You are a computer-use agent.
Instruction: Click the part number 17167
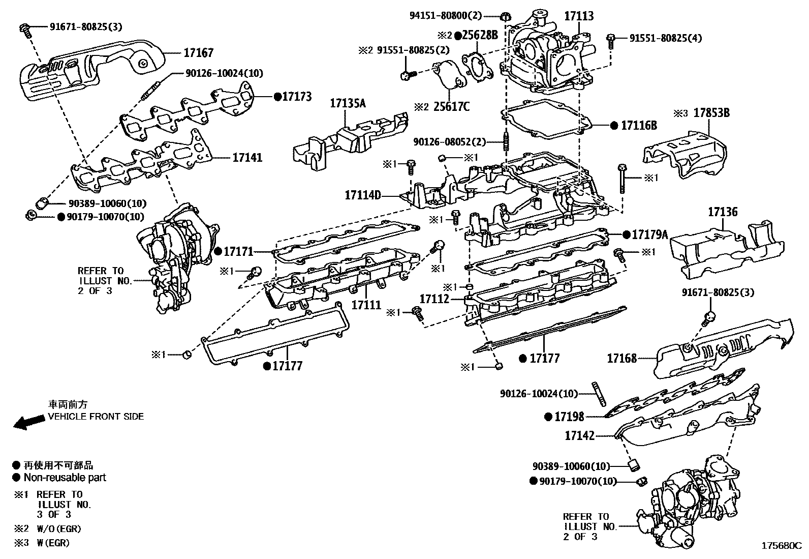tap(198, 53)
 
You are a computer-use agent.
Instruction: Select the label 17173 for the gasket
tap(297, 96)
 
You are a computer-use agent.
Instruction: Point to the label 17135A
tap(348, 104)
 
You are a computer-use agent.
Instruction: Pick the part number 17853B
tap(711, 113)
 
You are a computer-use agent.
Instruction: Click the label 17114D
tap(363, 195)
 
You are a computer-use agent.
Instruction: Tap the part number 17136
tap(723, 212)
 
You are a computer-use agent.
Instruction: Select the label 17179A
tap(649, 234)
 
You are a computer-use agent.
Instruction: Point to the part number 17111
tap(366, 305)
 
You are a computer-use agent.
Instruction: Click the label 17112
tap(434, 299)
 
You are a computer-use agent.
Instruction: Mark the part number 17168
tap(621, 359)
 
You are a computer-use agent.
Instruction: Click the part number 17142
tap(579, 435)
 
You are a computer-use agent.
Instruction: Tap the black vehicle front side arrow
tap(28, 422)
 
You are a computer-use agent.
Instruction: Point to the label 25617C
tap(451, 107)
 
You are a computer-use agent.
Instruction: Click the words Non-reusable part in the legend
tap(65, 478)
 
